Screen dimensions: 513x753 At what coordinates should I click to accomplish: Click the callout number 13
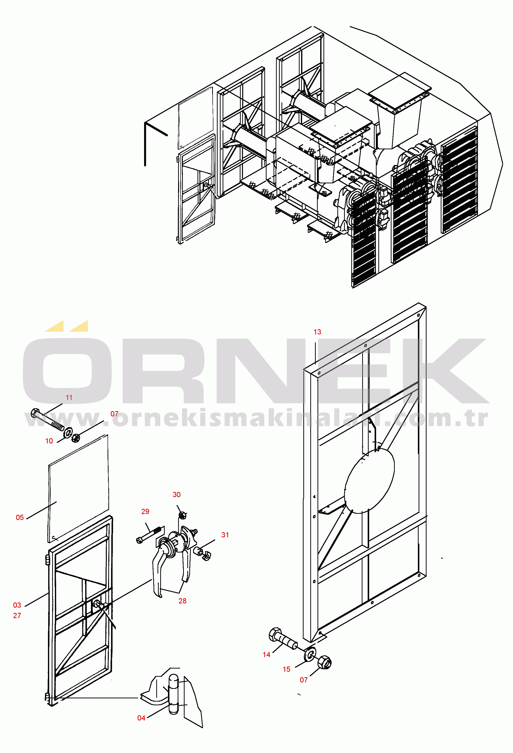(x=317, y=332)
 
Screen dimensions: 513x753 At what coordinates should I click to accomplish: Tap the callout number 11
(x=69, y=397)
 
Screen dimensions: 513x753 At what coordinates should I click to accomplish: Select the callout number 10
(x=49, y=441)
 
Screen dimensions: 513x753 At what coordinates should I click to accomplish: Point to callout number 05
(x=20, y=517)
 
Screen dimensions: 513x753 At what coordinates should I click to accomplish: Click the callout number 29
(x=145, y=511)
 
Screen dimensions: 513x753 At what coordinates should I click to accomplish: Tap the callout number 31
(x=225, y=535)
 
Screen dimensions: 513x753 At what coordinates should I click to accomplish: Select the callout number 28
(x=182, y=601)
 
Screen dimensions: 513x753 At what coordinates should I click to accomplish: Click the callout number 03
(x=17, y=605)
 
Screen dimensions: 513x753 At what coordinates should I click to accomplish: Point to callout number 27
(x=17, y=616)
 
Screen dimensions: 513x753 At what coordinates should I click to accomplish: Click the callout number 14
(x=266, y=655)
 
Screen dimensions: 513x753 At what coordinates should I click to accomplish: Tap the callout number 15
(x=286, y=670)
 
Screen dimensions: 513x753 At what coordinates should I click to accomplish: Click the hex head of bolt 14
(x=276, y=634)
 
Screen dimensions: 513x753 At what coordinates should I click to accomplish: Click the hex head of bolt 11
(x=35, y=413)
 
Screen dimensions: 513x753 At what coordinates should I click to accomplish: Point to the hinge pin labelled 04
(x=174, y=694)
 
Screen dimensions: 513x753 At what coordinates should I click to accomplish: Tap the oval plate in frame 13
(x=369, y=481)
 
